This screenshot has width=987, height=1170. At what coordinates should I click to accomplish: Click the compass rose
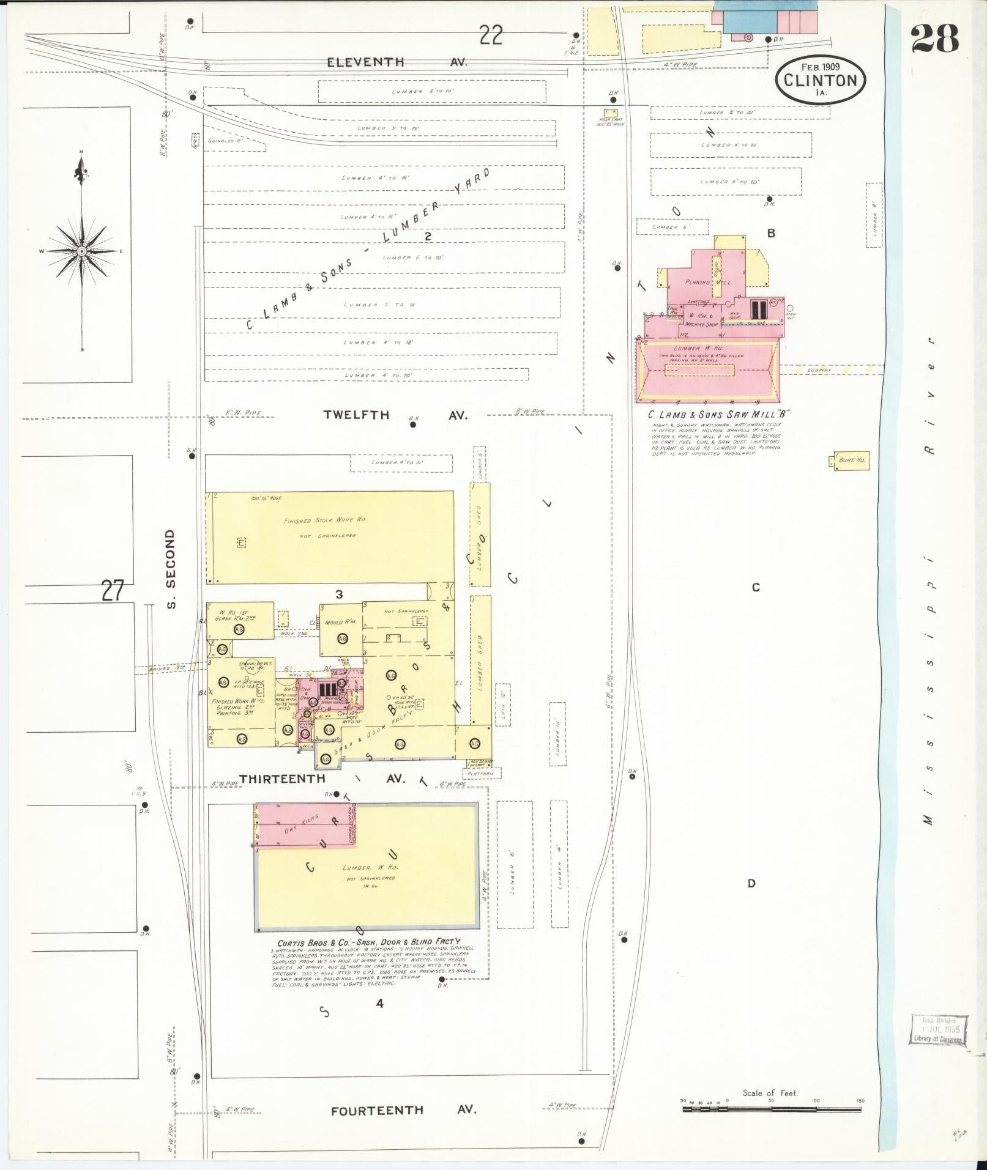pyautogui.click(x=81, y=251)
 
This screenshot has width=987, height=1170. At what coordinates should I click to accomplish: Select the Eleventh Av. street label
pyautogui.click(x=397, y=62)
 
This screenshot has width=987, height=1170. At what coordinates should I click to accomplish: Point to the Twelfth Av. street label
pyautogui.click(x=395, y=415)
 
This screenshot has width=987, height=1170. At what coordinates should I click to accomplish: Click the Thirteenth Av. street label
pyautogui.click(x=322, y=779)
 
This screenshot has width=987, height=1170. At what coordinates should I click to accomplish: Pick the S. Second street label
pyautogui.click(x=171, y=569)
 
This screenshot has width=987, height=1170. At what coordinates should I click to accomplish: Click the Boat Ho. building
pyautogui.click(x=849, y=460)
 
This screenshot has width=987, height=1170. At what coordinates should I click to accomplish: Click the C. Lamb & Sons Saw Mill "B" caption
pyautogui.click(x=719, y=414)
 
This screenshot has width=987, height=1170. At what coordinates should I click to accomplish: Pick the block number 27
pyautogui.click(x=113, y=591)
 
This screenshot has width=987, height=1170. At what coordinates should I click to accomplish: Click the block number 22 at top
pyautogui.click(x=491, y=35)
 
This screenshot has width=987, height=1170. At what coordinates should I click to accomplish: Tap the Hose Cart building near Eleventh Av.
pyautogui.click(x=610, y=113)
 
